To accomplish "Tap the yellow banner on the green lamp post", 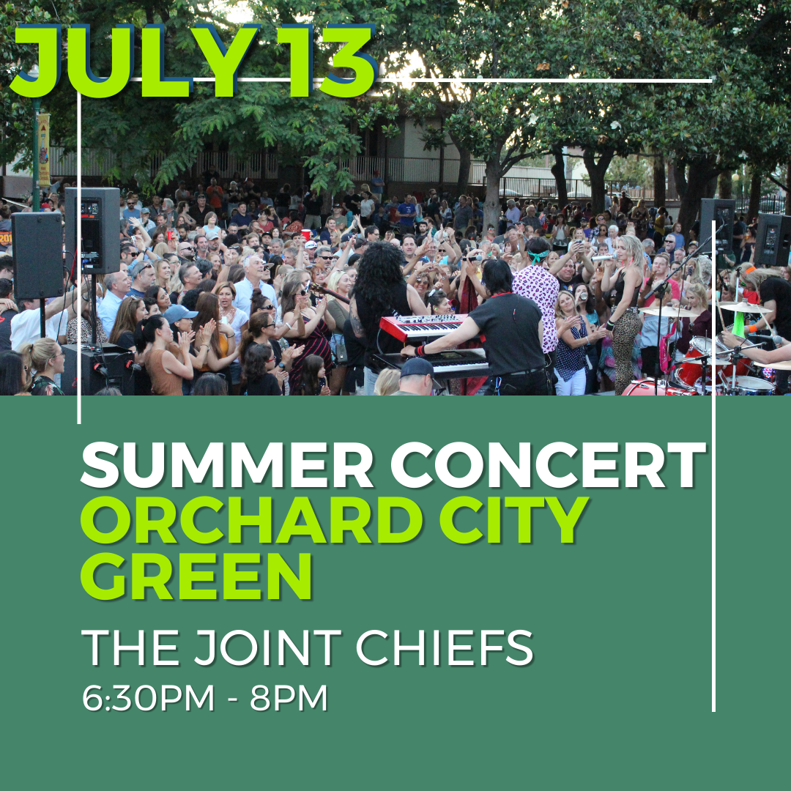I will point(44,149).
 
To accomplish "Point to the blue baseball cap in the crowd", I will point(179,313).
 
